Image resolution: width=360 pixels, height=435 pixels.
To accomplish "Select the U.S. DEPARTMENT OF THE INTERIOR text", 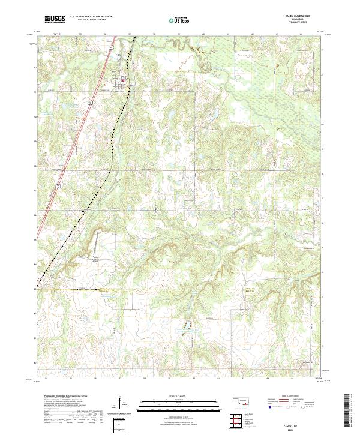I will pyautogui.click(x=91, y=17).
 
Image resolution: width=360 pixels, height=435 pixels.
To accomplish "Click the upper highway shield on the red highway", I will pyautogui.click(x=88, y=104).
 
